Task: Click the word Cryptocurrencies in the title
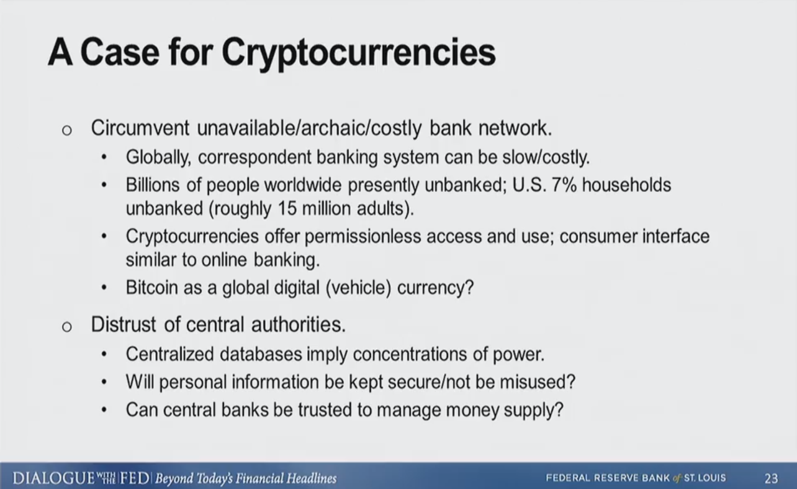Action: point(358,54)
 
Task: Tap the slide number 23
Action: point(771,478)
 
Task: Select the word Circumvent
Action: point(140,128)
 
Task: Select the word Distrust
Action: point(124,324)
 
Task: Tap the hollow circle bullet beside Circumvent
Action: point(67,130)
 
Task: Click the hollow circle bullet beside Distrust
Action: point(67,327)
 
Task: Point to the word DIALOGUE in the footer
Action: point(54,478)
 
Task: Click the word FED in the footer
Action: point(135,478)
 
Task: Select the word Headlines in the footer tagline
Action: point(312,478)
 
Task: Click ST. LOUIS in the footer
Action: point(705,478)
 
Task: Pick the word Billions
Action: point(153,185)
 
